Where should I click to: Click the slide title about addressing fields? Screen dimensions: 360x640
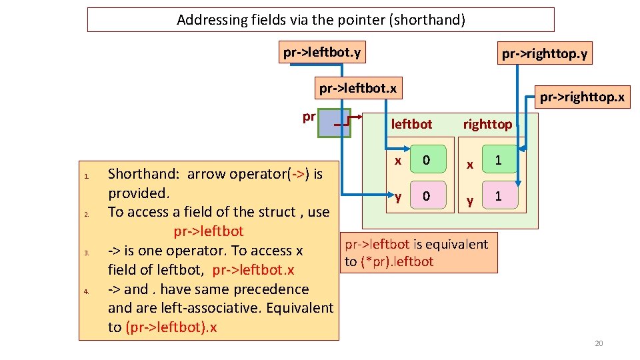pyautogui.click(x=321, y=20)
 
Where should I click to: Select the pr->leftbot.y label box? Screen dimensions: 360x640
pyautogui.click(x=322, y=52)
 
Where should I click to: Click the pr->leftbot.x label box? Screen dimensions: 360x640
pyautogui.click(x=358, y=88)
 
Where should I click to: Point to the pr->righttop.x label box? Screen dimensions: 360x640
pyautogui.click(x=582, y=98)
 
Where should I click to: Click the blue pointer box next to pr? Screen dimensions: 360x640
pyautogui.click(x=334, y=123)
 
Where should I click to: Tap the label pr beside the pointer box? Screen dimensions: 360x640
pyautogui.click(x=309, y=117)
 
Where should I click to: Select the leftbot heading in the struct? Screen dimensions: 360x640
pyautogui.click(x=411, y=124)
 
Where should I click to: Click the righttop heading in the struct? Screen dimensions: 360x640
pyautogui.click(x=487, y=124)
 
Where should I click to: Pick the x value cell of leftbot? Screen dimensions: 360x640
pyautogui.click(x=427, y=161)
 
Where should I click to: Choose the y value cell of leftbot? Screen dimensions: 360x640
pyautogui.click(x=427, y=197)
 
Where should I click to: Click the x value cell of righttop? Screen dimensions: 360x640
pyautogui.click(x=497, y=161)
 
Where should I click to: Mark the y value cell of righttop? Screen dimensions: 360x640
pyautogui.click(x=497, y=197)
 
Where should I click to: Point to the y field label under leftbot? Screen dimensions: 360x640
pyautogui.click(x=398, y=197)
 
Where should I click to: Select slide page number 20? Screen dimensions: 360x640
pyautogui.click(x=598, y=343)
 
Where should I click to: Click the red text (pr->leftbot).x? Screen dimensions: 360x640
pyautogui.click(x=171, y=327)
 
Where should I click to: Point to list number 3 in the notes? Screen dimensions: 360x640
pyautogui.click(x=87, y=253)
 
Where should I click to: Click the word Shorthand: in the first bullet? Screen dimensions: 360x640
pyautogui.click(x=143, y=174)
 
